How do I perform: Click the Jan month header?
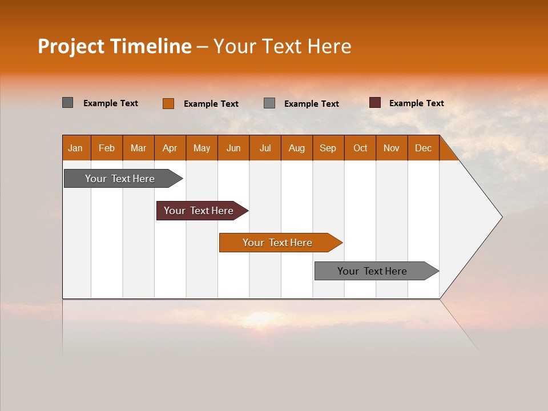click(75, 148)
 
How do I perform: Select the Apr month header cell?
click(170, 148)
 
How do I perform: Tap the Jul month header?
click(265, 148)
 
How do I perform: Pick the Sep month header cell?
click(328, 148)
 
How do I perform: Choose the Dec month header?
click(423, 148)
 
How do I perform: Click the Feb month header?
click(107, 148)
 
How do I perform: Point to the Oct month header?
click(360, 148)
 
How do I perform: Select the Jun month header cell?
click(233, 148)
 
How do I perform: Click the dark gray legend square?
click(67, 103)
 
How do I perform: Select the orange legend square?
click(168, 103)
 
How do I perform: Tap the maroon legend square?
click(374, 103)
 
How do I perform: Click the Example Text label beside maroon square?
click(417, 103)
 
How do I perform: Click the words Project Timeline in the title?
click(114, 46)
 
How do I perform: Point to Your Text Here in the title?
click(282, 46)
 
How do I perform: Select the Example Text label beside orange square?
click(211, 104)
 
